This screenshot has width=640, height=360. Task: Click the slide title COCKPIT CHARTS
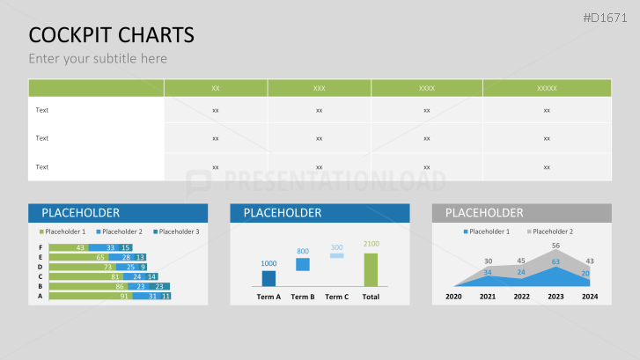coord(112,35)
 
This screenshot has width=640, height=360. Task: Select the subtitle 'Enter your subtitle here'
coord(98,59)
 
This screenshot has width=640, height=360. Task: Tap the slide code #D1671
coord(605,18)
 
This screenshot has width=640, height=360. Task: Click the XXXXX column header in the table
coord(547,88)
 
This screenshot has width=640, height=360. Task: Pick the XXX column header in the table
coord(320,88)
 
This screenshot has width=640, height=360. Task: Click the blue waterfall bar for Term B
coord(303,264)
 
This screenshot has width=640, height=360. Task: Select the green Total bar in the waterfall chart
coord(371,270)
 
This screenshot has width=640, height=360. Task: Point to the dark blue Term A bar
coord(269,278)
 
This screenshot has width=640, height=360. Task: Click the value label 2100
coord(371,244)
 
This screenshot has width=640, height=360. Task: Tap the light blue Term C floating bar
coord(337,255)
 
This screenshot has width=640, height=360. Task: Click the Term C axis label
coord(337,297)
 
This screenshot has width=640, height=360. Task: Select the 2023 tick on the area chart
coord(555,297)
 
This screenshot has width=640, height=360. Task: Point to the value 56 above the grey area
coord(555,246)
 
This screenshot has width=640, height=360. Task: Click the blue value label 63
coord(555,261)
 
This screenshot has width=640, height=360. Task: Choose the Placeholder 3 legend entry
coord(176,231)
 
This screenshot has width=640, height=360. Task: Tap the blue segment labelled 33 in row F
coord(103,247)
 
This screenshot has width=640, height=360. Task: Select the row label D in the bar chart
coord(40,267)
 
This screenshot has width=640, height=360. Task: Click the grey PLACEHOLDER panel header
coord(522,213)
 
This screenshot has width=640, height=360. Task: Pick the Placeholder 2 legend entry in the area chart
coord(550,231)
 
